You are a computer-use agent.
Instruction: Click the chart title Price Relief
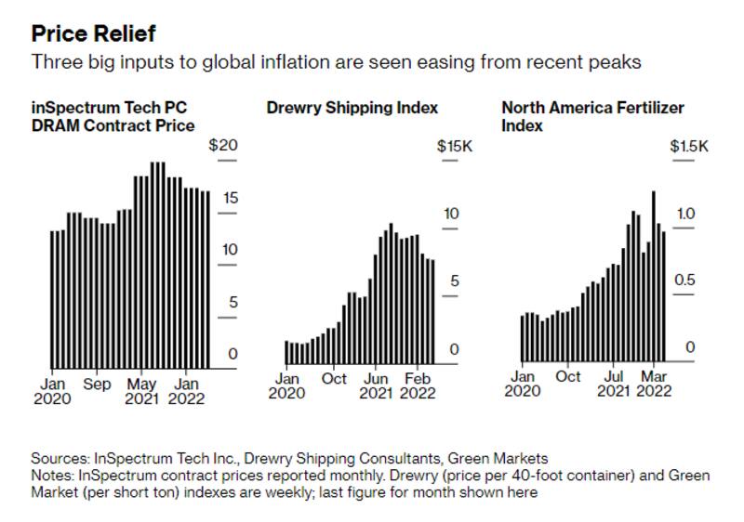(x=93, y=33)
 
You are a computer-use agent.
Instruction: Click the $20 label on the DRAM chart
(x=223, y=146)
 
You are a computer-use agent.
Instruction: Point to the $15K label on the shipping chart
(x=456, y=146)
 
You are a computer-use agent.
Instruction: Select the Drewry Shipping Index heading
(x=352, y=108)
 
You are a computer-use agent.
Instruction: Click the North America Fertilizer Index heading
(x=592, y=116)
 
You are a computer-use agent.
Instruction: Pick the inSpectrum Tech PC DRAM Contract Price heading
(x=113, y=116)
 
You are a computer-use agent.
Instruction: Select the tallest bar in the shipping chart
(x=391, y=294)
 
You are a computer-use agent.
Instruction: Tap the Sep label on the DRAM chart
(x=97, y=384)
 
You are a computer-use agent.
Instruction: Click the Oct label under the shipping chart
(x=334, y=379)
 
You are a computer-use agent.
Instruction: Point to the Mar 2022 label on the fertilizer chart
(x=653, y=385)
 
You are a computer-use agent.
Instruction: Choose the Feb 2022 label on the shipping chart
(x=418, y=385)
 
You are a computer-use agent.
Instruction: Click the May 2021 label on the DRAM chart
(x=141, y=391)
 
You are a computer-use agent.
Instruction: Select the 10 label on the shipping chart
(x=451, y=215)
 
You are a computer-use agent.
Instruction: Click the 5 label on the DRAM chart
(x=232, y=302)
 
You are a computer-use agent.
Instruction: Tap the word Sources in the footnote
(x=58, y=458)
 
